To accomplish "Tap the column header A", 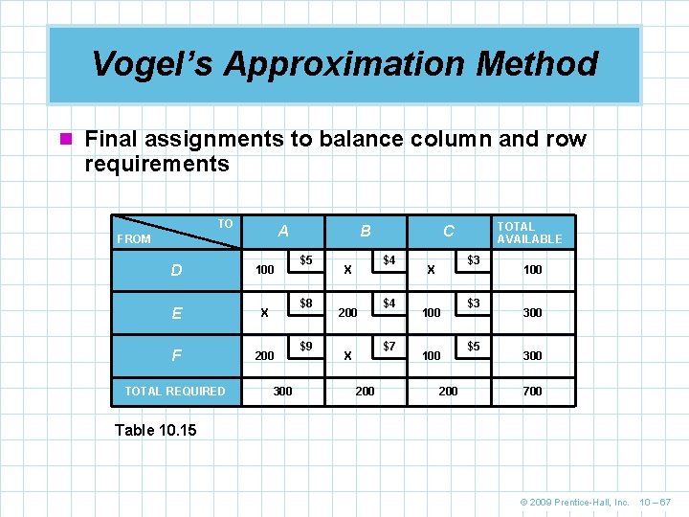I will point(283,231).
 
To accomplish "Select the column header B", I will point(366,231).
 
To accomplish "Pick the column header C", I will point(448,231).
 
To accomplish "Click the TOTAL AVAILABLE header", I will point(529,233).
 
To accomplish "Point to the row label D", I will point(176,271).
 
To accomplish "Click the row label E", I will point(176,313).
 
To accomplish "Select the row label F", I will point(176,355).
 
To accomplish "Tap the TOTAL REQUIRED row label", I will point(176,391).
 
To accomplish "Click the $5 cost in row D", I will point(306,260).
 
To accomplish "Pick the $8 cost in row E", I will point(306,303).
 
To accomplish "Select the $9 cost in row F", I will point(306,346).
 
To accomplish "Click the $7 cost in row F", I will point(389,346).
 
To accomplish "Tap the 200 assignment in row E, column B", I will point(347,313).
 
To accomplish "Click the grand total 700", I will point(532,391).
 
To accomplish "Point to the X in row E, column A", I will point(264,313).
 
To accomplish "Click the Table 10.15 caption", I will point(155,430).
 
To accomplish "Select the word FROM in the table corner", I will point(134,239).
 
